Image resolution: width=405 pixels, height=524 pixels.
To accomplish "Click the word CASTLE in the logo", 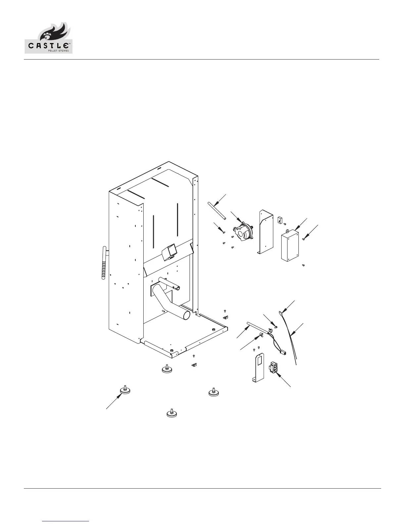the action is pyautogui.click(x=48, y=46).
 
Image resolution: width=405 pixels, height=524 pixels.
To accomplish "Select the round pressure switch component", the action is pyautogui.click(x=244, y=230).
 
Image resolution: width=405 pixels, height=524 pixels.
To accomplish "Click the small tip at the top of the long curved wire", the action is pyautogui.click(x=280, y=311).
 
